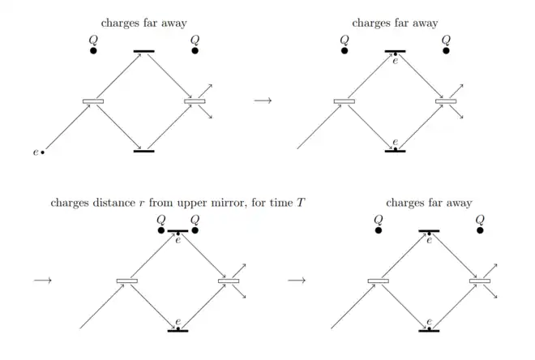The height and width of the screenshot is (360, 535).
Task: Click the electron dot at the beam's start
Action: tap(43, 152)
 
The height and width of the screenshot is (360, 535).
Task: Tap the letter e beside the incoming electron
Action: tap(36, 152)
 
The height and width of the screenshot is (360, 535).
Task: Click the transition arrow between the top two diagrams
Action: tap(263, 101)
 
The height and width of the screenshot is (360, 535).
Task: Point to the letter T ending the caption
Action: tap(301, 202)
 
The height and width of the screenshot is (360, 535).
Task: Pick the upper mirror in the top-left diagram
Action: tap(143, 52)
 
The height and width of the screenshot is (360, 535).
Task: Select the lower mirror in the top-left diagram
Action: tap(143, 152)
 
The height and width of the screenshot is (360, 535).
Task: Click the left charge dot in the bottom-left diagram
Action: tap(161, 231)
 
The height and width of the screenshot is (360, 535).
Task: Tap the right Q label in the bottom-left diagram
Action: tap(195, 220)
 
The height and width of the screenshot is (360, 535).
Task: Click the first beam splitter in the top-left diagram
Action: tap(93, 101)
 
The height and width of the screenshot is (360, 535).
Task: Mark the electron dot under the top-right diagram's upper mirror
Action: tap(395, 55)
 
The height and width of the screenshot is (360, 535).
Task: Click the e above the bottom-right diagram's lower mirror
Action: tap(429, 322)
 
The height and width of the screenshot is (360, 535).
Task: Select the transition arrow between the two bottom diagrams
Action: tap(297, 281)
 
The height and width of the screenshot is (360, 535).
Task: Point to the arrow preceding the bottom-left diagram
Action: tap(43, 281)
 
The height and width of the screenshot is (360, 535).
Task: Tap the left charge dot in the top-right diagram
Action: tap(345, 51)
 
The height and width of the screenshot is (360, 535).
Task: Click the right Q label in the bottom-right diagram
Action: tap(479, 220)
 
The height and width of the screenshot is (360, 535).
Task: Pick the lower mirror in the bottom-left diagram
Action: tap(178, 331)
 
